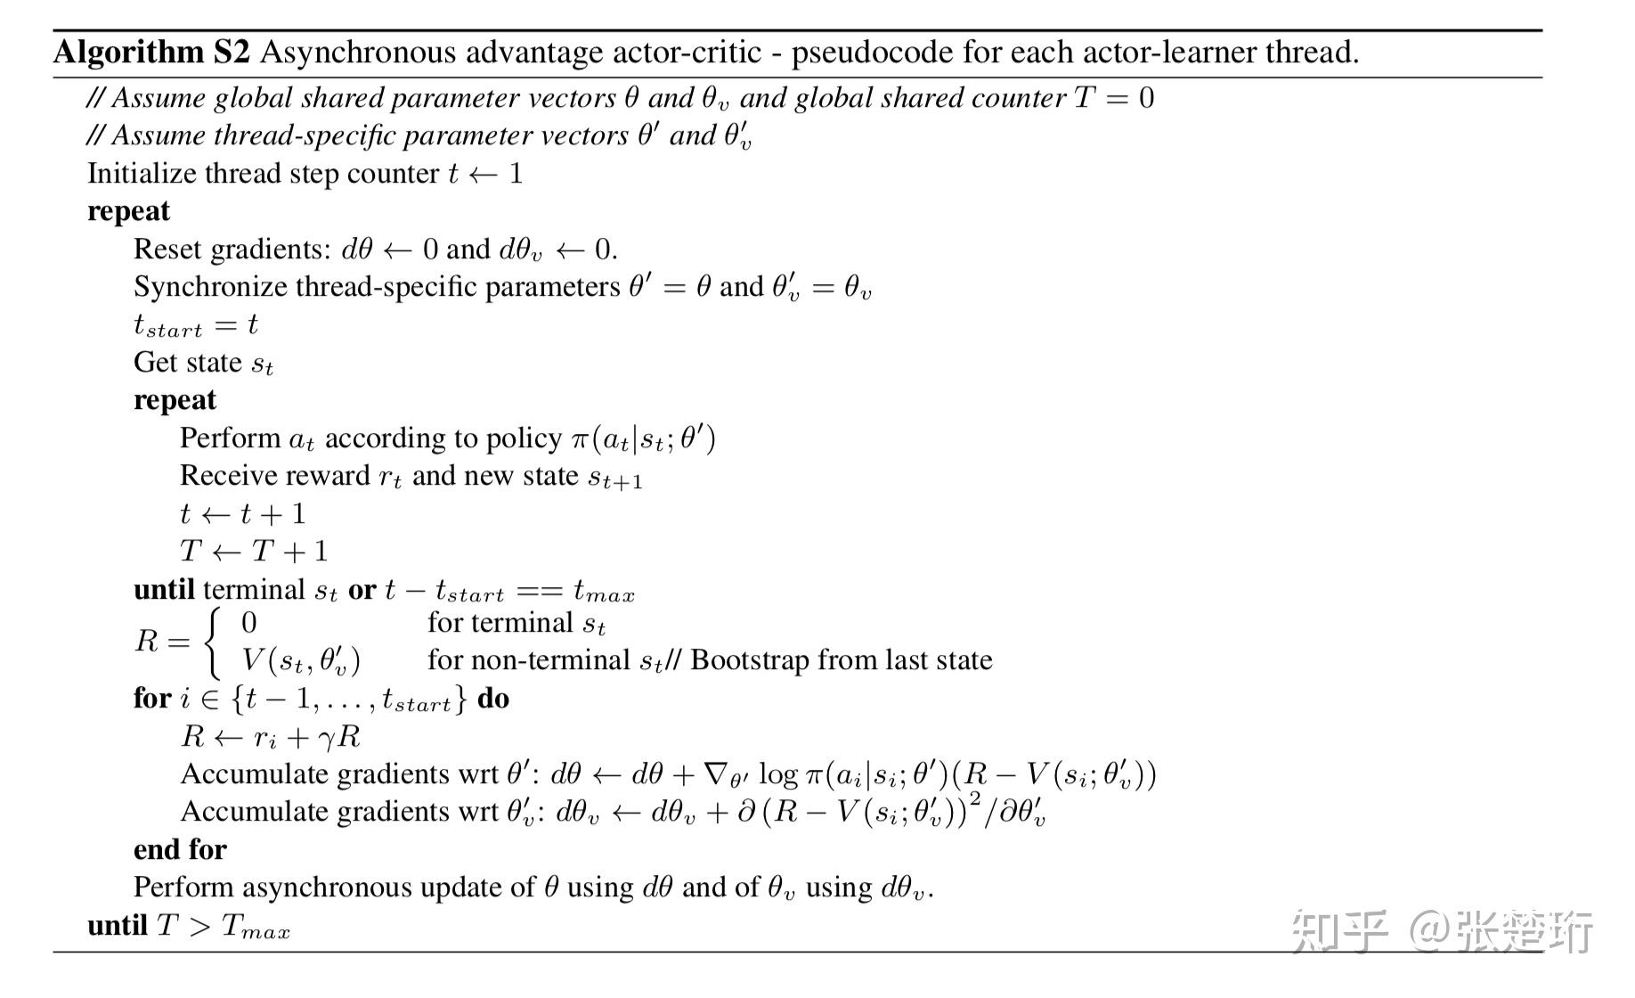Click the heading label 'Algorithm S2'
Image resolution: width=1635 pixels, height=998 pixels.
[151, 53]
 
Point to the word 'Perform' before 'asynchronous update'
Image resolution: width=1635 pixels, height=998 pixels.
[183, 888]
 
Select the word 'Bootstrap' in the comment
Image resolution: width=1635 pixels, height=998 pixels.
[749, 660]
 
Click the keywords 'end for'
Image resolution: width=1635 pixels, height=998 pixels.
[180, 849]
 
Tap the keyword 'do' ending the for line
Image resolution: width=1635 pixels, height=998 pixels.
[493, 699]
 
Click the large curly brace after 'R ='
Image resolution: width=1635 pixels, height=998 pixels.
[212, 642]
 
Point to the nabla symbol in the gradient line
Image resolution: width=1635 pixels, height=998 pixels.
[715, 773]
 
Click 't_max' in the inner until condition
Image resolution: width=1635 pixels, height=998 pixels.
[604, 591]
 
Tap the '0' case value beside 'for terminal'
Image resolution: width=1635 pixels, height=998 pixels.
[249, 623]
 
